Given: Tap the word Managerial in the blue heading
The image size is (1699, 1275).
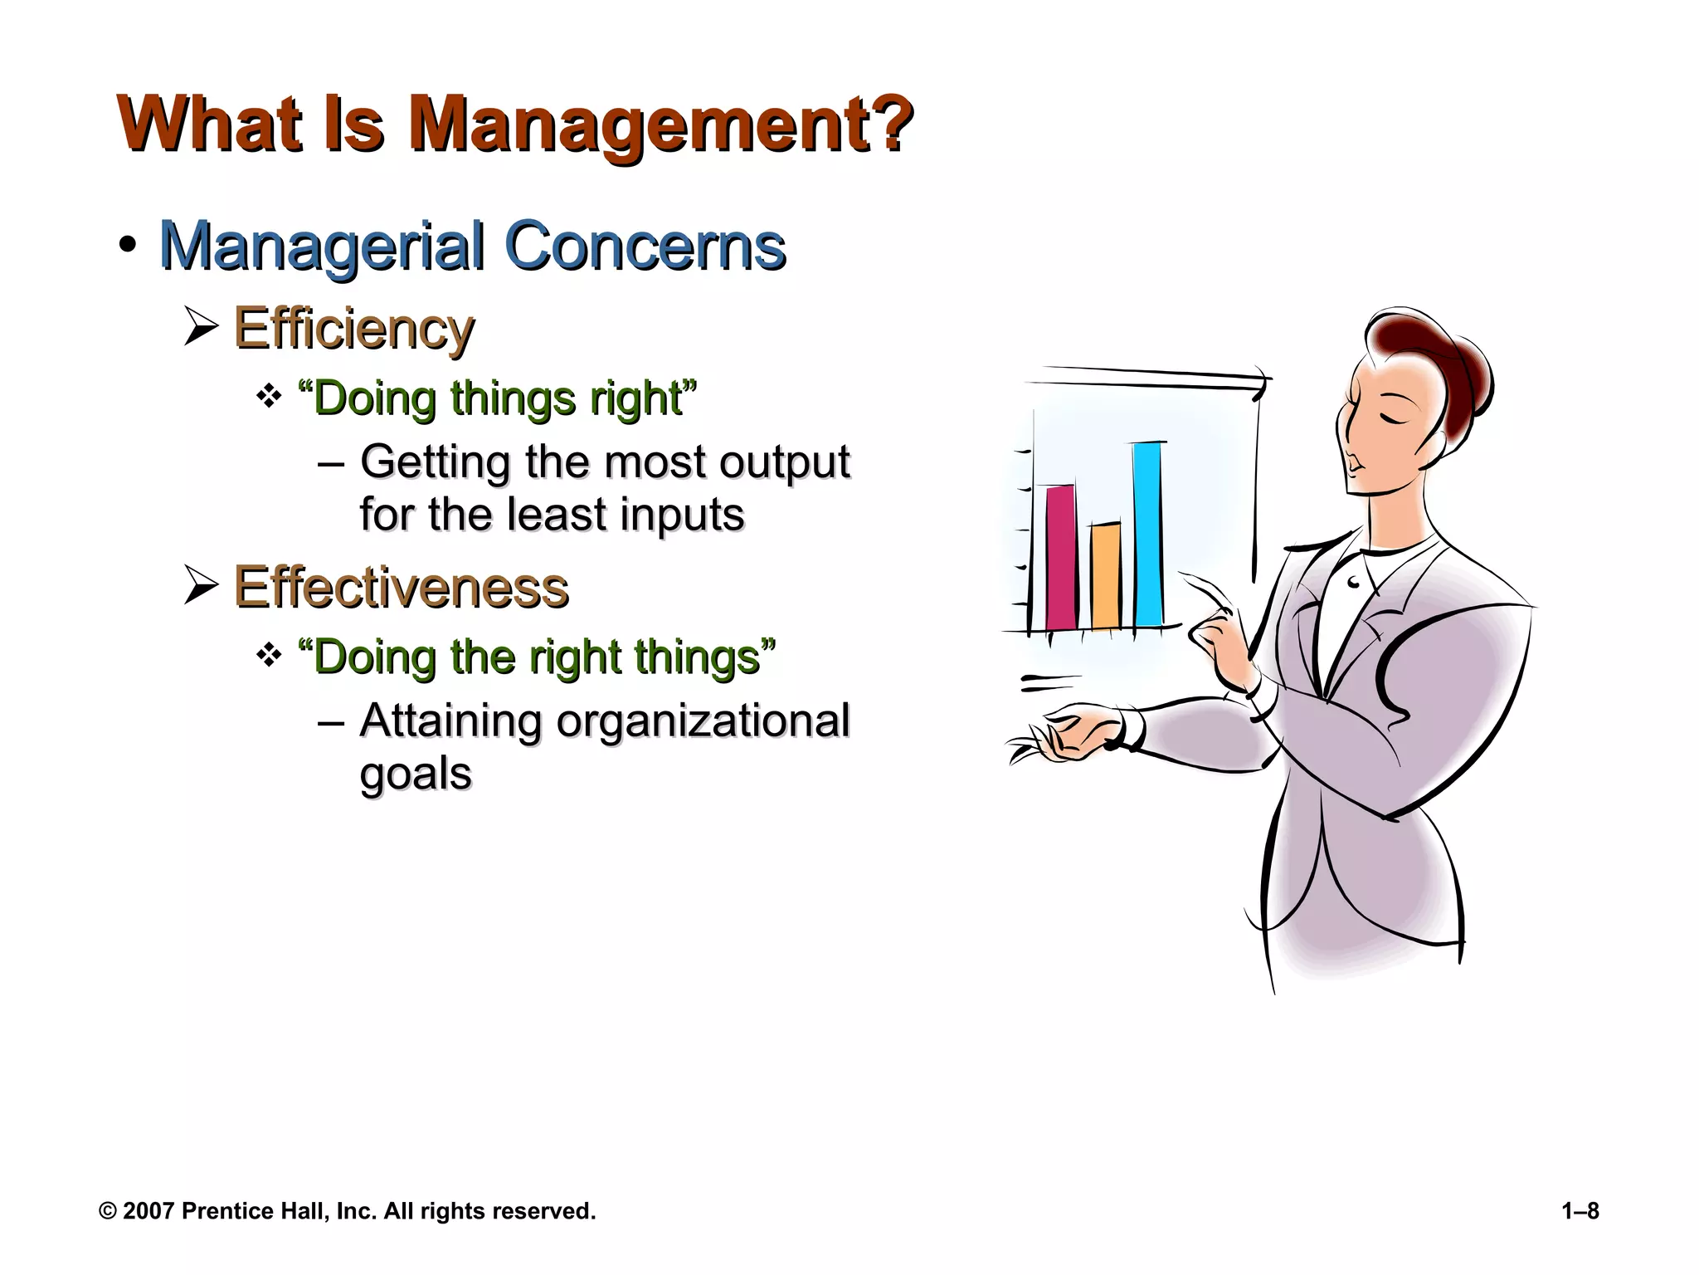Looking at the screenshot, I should (321, 247).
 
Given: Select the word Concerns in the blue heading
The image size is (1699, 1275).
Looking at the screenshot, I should (645, 247).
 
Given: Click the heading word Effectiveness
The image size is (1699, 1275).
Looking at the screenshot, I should (401, 588).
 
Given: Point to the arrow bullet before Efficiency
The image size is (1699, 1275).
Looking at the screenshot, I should (201, 326).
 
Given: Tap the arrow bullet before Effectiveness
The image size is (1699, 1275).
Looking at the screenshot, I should (201, 585).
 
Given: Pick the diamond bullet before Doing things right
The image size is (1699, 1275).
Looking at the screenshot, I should (269, 397).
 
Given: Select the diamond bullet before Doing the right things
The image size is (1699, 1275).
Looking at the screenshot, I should (269, 656).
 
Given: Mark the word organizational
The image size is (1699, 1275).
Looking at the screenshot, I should (703, 721).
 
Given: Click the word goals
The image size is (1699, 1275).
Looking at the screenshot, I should (415, 774).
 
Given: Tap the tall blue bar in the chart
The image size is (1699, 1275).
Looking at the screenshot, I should (1148, 535).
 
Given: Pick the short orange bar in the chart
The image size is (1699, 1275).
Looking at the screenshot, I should (1105, 575).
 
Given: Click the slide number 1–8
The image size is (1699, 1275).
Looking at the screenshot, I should (1580, 1211).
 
